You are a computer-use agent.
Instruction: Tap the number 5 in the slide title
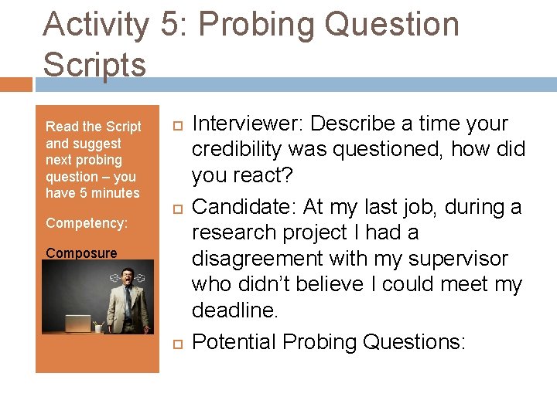pos(169,25)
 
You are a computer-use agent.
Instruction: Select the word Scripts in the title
pos(94,65)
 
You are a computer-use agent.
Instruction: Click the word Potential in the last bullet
pos(234,341)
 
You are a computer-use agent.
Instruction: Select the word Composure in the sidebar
pos(81,253)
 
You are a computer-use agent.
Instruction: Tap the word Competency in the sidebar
pos(86,223)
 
